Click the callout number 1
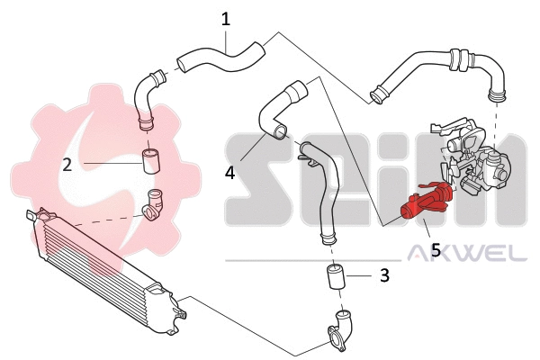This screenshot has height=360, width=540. coord(226,18)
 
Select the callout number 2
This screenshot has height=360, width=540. coord(67,164)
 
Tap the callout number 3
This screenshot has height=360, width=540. coord(384,275)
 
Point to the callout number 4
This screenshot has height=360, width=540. coord(230,171)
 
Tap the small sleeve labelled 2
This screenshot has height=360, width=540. coord(151,163)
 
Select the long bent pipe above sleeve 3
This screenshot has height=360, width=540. coord(324,189)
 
